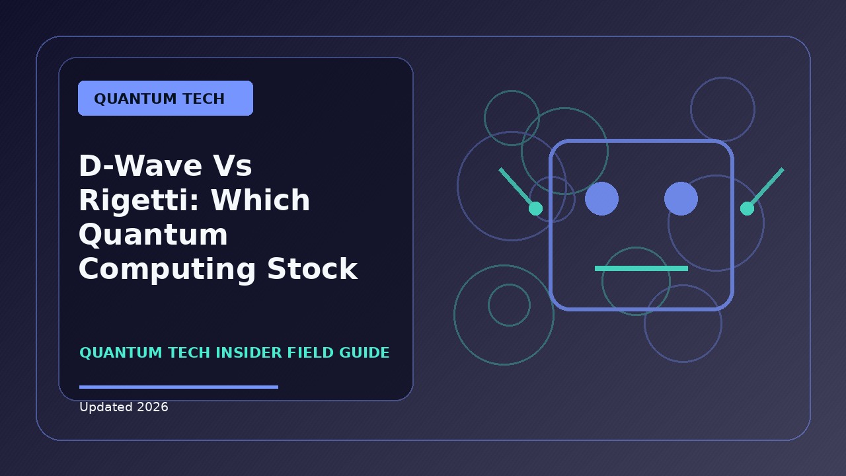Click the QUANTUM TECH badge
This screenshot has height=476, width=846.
pos(165,99)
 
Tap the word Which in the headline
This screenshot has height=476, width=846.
pos(260,200)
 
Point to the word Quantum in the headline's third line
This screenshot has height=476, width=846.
pos(153,234)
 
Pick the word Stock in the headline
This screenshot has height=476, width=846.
pos(313,268)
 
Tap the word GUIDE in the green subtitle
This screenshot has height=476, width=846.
pos(364,353)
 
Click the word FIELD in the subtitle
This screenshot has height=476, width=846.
pos(311,353)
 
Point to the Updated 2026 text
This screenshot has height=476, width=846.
pos(124,407)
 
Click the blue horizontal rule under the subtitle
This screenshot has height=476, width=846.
pos(178,387)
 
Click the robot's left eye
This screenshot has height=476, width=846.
pos(601,199)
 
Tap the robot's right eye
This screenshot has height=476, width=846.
pos(681,199)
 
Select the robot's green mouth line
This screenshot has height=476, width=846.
pos(641,268)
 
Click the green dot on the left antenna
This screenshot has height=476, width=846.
pos(535,208)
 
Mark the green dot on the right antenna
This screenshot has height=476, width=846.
pos(747,208)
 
